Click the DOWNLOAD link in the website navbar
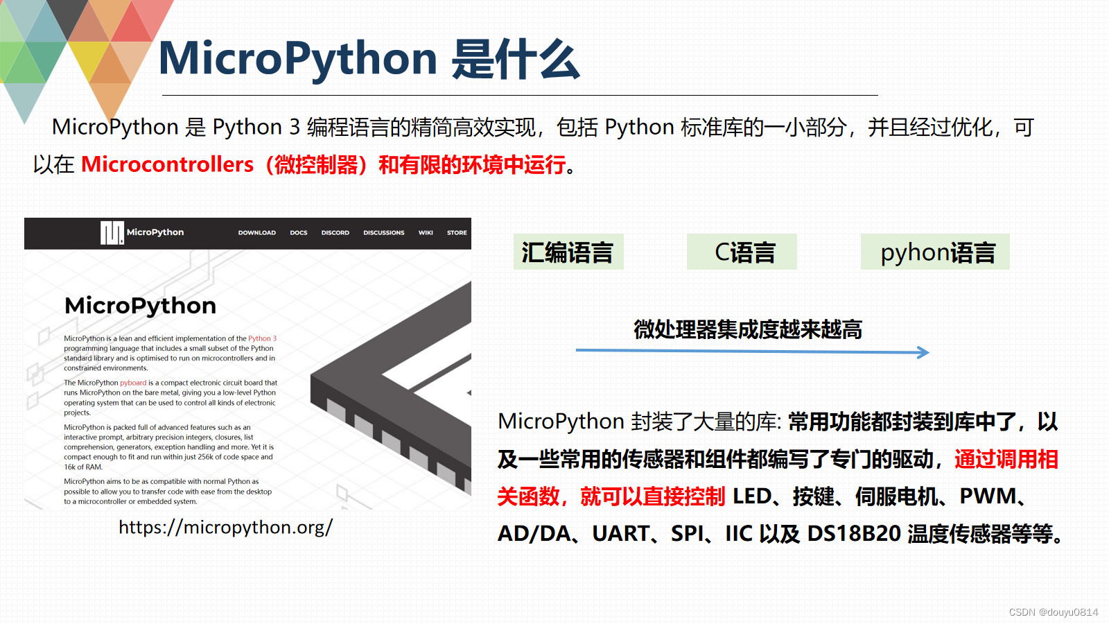[256, 233]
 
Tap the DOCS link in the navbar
[299, 233]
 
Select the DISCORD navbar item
[335, 233]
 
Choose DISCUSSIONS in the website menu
[383, 233]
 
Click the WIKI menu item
[426, 233]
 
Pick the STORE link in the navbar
[457, 233]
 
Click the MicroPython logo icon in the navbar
[112, 233]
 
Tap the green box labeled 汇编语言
[568, 252]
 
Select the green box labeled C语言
[742, 252]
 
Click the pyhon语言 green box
[935, 252]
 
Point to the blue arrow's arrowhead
[923, 352]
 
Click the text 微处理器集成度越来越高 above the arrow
[748, 329]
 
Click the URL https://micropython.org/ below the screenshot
[225, 528]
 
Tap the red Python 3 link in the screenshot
[262, 339]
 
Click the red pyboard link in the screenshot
[133, 383]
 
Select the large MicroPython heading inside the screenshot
[140, 306]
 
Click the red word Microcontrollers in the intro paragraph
[167, 164]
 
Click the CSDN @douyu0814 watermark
[1053, 612]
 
